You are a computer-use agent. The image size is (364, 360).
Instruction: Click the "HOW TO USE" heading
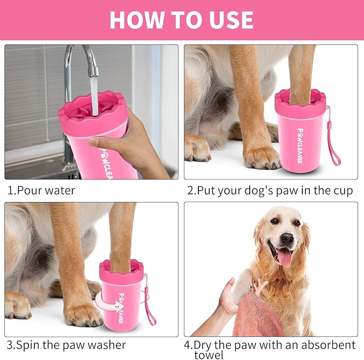click(181, 20)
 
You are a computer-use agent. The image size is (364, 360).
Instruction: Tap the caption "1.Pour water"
click(41, 190)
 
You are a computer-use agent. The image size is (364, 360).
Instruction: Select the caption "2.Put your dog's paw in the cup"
click(270, 190)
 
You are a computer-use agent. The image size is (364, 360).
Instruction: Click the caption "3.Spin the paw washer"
click(66, 344)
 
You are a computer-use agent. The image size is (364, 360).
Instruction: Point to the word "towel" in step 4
click(209, 355)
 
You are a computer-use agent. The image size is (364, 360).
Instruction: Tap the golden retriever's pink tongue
click(284, 257)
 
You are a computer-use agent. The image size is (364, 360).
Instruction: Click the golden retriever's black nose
click(287, 238)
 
